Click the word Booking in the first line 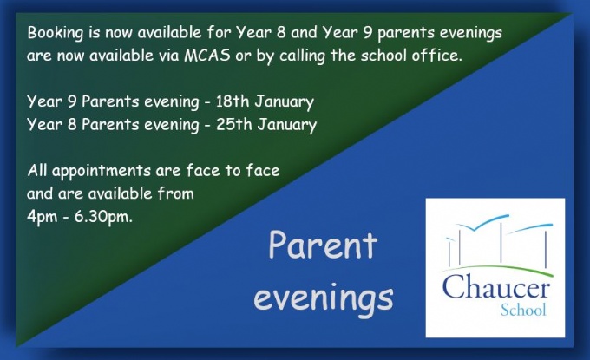55,33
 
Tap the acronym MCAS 207,56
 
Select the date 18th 233,101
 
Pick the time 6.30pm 103,217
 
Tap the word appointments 102,171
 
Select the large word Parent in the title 323,245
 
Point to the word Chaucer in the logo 496,286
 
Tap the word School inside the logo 523,310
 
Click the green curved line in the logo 496,268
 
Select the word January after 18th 284,102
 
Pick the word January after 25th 286,125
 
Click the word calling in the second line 302,56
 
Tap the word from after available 176,193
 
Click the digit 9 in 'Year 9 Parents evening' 72,102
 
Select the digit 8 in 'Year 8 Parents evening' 72,125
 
